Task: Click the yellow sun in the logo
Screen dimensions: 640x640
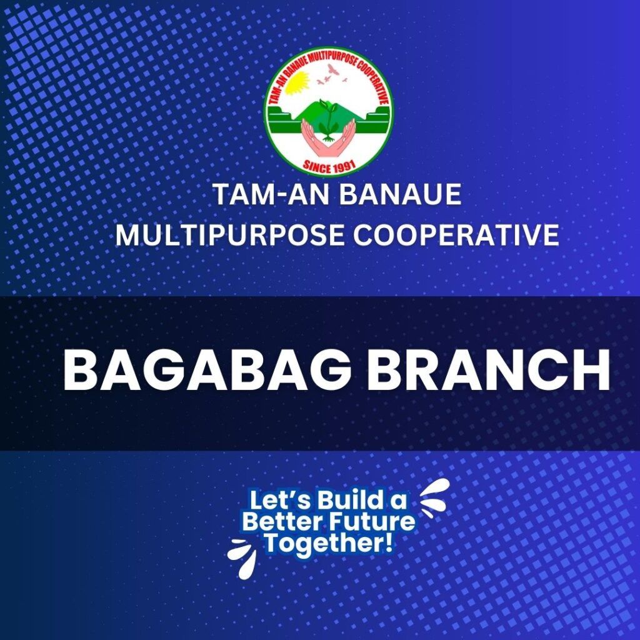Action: [x=297, y=82]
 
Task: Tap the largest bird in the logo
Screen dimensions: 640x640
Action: [x=334, y=69]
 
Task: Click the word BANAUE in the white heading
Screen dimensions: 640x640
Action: [x=401, y=194]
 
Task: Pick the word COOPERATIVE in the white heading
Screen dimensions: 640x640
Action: [x=456, y=236]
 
